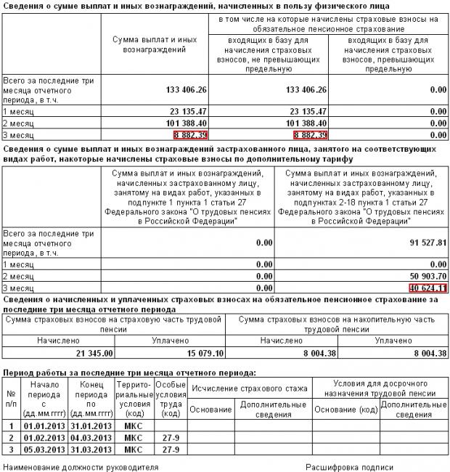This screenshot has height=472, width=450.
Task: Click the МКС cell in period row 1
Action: pyautogui.click(x=134, y=426)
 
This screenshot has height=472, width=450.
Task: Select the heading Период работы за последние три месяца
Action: pyautogui.click(x=130, y=372)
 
